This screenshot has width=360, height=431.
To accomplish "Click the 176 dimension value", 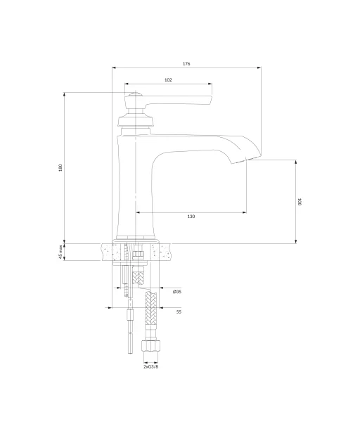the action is (x=186, y=64).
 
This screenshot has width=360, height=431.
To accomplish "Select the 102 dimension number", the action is (x=168, y=80).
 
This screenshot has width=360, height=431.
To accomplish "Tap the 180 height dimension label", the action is (x=60, y=167).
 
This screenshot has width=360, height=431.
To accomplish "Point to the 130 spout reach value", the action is (x=191, y=217).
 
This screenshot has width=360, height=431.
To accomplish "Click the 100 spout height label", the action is (x=300, y=202).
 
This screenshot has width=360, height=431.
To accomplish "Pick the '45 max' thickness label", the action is (x=60, y=252).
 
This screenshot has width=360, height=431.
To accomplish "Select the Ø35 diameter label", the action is (x=177, y=292).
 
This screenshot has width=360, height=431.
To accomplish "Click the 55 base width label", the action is (x=179, y=312).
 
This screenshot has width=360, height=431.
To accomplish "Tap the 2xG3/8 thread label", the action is (x=151, y=367).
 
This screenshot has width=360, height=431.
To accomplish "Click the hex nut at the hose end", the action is (x=150, y=346).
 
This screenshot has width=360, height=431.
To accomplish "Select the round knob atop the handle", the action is (x=135, y=94).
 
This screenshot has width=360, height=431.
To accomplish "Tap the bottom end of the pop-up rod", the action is (x=130, y=352).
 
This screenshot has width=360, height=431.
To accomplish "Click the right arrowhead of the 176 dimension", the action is (x=259, y=67).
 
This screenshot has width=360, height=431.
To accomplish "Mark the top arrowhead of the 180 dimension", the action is (x=64, y=94).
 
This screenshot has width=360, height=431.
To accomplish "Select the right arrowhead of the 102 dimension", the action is (x=210, y=84).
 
